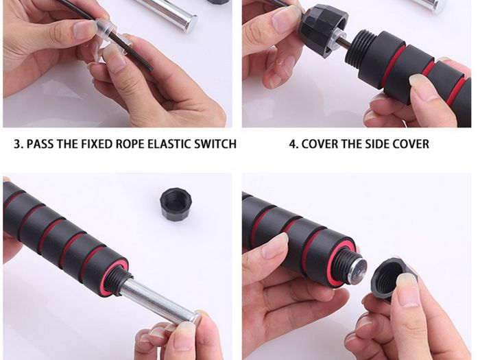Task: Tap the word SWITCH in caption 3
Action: pyautogui.click(x=215, y=143)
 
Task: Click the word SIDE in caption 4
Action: pyautogui.click(x=375, y=143)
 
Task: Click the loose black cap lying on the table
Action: pyautogui.click(x=176, y=204)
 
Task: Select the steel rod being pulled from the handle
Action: pyautogui.click(x=159, y=302)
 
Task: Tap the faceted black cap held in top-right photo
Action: pyautogui.click(x=324, y=32)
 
